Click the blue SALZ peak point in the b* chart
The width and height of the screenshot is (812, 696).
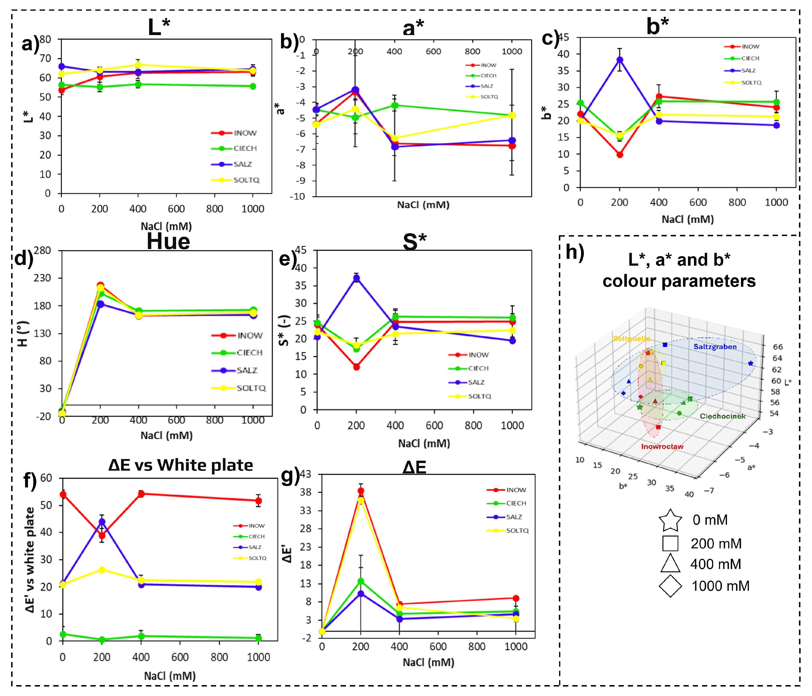click(620, 60)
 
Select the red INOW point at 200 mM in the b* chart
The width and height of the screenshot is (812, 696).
click(620, 155)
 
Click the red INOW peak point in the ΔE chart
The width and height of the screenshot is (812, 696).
click(360, 491)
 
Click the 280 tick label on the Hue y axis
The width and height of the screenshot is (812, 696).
click(43, 250)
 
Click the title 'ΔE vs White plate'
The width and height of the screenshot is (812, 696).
click(180, 465)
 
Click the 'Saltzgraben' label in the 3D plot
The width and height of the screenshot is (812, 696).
click(715, 346)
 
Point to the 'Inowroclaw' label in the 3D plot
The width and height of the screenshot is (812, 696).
click(662, 446)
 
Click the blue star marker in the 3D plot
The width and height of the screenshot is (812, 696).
click(750, 363)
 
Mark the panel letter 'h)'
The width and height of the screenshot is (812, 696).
click(575, 253)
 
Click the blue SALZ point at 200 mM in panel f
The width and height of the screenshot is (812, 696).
click(102, 522)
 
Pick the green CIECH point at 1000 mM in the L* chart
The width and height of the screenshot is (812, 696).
click(253, 86)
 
